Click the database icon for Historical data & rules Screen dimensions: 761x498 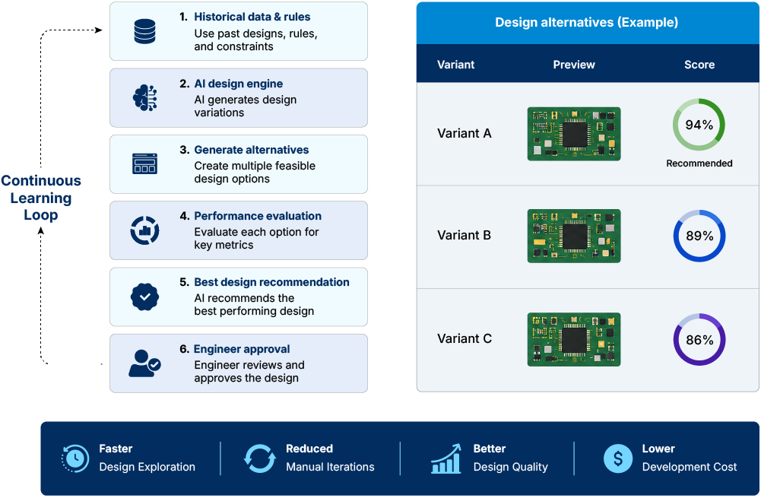(x=144, y=31)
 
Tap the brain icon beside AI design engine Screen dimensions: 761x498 (x=145, y=97)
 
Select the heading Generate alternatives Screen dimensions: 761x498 (x=252, y=150)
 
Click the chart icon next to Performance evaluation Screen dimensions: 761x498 (x=144, y=230)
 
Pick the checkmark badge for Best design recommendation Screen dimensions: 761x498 (x=144, y=297)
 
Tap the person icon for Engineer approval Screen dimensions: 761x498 (x=144, y=363)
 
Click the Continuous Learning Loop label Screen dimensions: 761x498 (x=41, y=198)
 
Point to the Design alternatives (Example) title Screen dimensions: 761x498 (x=586, y=22)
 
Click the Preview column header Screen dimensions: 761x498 (x=574, y=65)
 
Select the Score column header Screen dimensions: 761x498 (x=699, y=65)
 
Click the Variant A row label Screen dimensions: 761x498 (x=465, y=133)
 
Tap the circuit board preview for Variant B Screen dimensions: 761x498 (x=574, y=236)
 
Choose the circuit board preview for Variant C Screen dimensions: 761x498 (x=574, y=339)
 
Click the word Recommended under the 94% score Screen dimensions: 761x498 (x=699, y=163)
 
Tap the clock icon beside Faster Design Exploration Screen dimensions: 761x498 (x=75, y=458)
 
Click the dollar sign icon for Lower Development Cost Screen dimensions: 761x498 (x=618, y=458)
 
